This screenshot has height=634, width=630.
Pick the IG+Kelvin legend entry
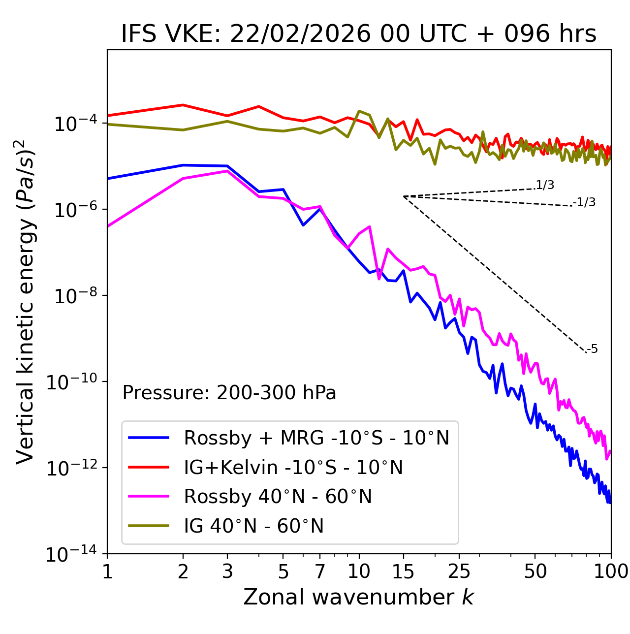293,467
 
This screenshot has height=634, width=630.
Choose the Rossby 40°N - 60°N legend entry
278,497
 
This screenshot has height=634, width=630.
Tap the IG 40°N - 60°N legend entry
253,526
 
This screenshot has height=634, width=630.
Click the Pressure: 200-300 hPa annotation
229,393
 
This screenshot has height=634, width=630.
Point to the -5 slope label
592,349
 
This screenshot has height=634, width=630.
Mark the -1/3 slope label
585,202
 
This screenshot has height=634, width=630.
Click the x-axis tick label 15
403,571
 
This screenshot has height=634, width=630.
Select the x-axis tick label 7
320,571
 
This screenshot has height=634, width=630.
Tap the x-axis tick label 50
535,571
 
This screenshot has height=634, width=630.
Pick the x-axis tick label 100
611,571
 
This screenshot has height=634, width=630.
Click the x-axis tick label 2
183,571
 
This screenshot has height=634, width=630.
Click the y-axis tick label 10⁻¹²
71,468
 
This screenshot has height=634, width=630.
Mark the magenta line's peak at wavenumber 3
227,171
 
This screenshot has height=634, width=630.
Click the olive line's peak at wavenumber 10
359,111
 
